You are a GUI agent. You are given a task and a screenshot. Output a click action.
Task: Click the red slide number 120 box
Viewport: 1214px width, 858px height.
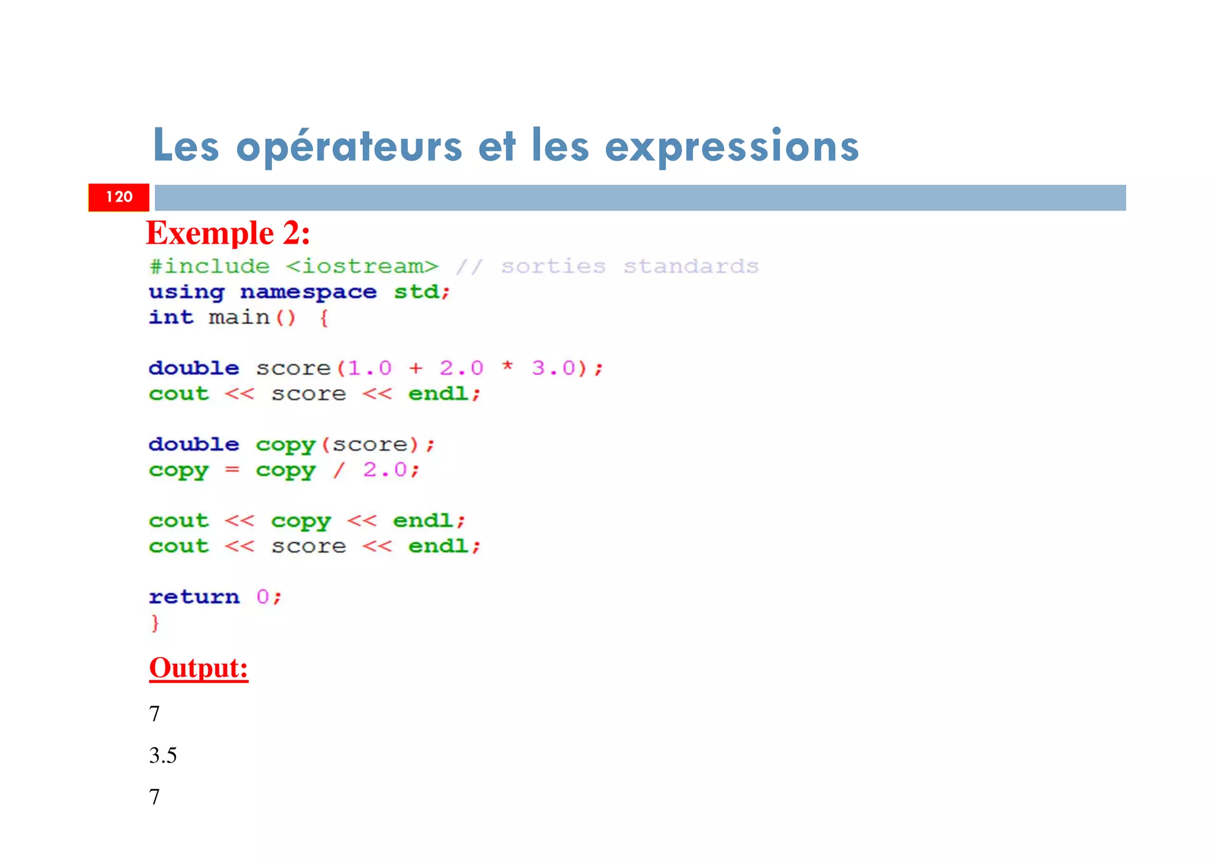(119, 197)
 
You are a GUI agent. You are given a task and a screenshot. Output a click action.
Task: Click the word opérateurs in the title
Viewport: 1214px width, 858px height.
(349, 146)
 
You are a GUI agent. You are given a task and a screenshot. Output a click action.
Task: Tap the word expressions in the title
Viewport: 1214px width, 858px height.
(731, 146)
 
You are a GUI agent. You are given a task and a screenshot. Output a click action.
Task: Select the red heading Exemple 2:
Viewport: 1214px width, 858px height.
(228, 232)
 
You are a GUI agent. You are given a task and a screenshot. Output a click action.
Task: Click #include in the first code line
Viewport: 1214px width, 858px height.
(209, 266)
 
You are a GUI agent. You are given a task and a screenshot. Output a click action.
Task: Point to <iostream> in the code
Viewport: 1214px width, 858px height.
(362, 266)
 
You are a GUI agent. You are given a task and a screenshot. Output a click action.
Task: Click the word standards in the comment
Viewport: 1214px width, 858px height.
(691, 266)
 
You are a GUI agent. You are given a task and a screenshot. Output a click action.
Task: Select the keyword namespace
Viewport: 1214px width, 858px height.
(308, 292)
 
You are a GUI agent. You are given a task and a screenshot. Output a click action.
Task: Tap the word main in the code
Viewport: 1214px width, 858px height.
(239, 317)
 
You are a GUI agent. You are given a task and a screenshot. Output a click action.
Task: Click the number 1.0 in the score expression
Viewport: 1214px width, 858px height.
(369, 368)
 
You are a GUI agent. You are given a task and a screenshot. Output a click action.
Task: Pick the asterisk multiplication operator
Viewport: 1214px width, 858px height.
(507, 367)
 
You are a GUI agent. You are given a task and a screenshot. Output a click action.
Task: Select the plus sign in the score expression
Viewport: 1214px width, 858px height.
(416, 368)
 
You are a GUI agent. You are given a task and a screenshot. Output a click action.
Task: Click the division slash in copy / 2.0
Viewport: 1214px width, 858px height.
(338, 470)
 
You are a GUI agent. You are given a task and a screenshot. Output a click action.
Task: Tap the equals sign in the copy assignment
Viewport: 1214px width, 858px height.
(232, 470)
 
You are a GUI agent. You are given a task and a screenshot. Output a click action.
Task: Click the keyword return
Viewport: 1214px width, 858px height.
(194, 597)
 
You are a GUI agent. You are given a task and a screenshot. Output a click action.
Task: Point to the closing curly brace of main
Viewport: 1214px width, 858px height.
(155, 623)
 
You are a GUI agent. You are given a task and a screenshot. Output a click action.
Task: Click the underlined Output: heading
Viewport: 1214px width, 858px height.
(199, 668)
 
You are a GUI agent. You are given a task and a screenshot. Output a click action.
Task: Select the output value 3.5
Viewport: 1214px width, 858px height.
(163, 755)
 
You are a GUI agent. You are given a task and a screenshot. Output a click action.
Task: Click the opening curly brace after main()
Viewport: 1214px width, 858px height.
(324, 318)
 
